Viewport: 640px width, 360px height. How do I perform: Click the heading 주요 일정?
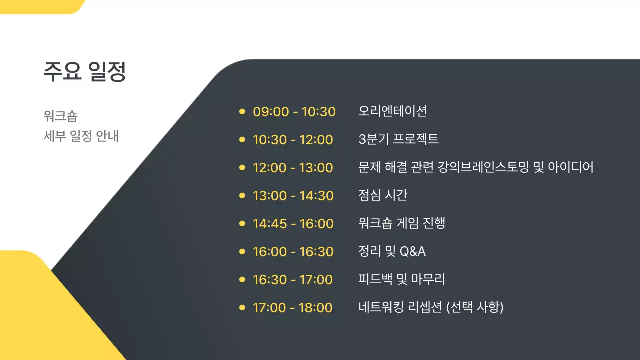click(x=84, y=72)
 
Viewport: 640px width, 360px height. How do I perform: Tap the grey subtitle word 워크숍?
click(x=60, y=116)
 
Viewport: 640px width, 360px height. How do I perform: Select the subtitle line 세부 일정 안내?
click(x=81, y=136)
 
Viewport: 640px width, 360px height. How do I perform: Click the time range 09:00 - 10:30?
click(x=294, y=112)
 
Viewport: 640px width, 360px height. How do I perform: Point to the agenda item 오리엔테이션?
click(x=392, y=111)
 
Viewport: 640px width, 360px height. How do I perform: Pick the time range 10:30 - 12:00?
click(x=293, y=140)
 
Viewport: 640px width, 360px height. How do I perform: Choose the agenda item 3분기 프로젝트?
click(x=398, y=139)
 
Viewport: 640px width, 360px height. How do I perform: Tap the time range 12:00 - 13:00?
click(x=293, y=168)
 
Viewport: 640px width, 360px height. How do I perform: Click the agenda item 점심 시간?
click(x=382, y=195)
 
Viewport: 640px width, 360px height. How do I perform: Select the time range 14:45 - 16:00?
click(x=293, y=224)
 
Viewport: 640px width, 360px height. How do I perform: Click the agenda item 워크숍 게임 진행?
click(x=401, y=223)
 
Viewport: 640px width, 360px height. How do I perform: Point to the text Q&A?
click(x=412, y=251)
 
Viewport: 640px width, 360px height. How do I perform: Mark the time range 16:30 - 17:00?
click(x=292, y=280)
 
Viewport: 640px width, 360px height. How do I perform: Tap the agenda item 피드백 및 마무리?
click(x=401, y=279)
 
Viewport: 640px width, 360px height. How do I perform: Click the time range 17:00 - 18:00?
click(x=292, y=308)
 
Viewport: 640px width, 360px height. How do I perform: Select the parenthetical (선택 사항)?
click(x=474, y=307)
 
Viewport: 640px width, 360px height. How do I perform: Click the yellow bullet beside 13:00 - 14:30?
click(x=242, y=195)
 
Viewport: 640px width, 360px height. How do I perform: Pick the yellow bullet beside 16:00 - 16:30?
click(x=242, y=251)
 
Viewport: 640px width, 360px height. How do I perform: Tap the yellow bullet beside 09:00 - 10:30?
click(x=242, y=111)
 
